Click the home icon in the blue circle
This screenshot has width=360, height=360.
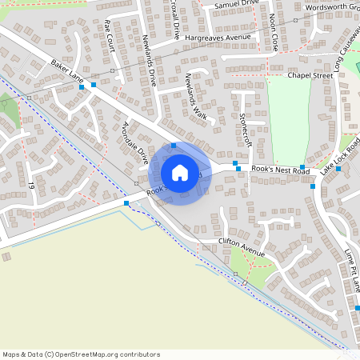click(x=180, y=173)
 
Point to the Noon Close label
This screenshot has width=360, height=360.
click(x=274, y=32)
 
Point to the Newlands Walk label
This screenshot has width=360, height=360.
click(x=196, y=99)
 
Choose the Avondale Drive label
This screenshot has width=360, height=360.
click(x=134, y=140)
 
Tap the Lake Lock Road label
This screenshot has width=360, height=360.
click(x=341, y=157)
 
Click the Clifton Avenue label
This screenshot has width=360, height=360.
click(x=241, y=253)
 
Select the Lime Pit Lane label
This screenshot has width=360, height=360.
click(x=352, y=270)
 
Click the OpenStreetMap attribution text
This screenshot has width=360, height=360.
click(x=81, y=354)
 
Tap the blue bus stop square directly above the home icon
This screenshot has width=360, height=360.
click(x=174, y=146)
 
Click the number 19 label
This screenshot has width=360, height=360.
click(x=32, y=186)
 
